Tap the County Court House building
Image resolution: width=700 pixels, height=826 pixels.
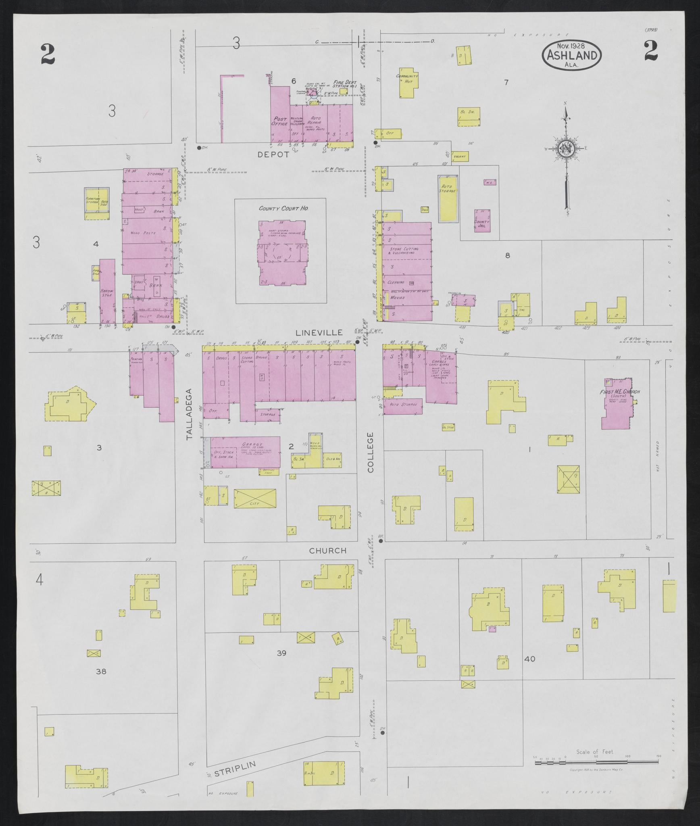point(282,253)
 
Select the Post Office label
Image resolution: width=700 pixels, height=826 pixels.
point(279,121)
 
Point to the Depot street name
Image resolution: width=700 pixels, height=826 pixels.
point(274,154)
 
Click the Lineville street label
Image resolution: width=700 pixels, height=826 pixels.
point(319,333)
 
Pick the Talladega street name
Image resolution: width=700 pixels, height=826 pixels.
point(190,413)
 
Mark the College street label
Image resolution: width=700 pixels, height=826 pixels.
point(371,452)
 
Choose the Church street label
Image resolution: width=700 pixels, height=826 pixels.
point(328,551)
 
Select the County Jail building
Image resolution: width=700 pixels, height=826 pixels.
point(482,221)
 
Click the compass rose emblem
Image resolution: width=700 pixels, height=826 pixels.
point(566,149)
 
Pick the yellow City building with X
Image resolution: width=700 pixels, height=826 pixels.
point(255,499)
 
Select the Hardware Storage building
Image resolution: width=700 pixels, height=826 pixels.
point(107,291)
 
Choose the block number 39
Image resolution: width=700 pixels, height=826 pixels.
point(281,653)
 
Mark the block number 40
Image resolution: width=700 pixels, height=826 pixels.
point(530,659)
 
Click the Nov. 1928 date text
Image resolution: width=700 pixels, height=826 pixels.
point(572,46)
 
